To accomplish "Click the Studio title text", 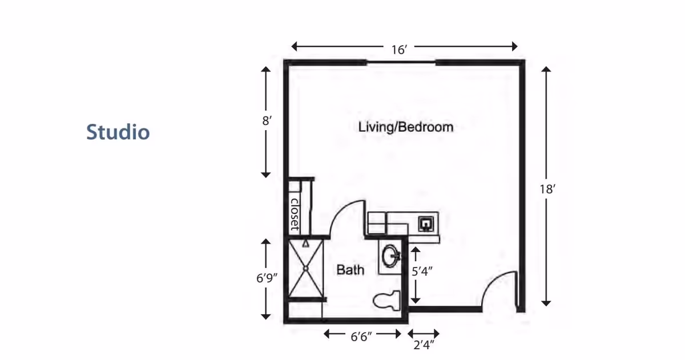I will [118, 132].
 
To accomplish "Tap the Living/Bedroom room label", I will [405, 127].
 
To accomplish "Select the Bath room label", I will [350, 269].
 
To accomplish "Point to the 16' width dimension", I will [398, 50].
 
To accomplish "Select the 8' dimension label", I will [264, 121].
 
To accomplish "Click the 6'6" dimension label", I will [361, 336].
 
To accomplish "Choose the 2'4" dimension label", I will [424, 345].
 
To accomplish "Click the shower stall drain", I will [305, 268].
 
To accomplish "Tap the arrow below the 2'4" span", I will [424, 334].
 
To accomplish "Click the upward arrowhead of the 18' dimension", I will [546, 70].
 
